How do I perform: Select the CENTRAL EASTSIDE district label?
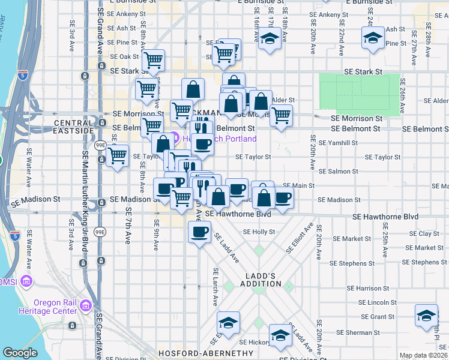(74, 127)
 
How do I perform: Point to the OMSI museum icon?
(25, 281)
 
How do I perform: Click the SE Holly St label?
(259, 232)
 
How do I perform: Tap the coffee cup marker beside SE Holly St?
(199, 232)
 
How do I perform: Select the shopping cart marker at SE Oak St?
(154, 60)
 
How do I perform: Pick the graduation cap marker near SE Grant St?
(427, 316)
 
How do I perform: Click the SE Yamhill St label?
(339, 143)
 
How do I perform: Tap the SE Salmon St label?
(339, 172)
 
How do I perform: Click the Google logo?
(20, 353)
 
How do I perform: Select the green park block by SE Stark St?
(359, 94)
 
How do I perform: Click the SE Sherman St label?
(357, 332)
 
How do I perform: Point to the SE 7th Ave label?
(128, 226)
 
